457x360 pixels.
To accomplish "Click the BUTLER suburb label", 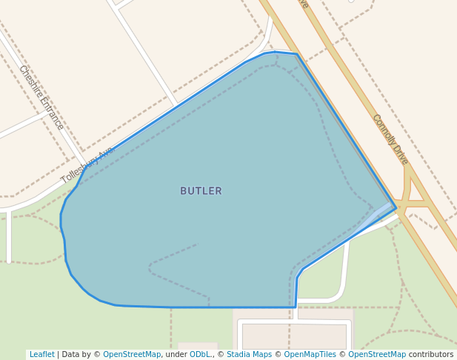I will (x=201, y=191).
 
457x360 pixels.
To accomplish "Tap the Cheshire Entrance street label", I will (x=41, y=97).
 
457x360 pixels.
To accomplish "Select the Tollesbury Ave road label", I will (x=87, y=165).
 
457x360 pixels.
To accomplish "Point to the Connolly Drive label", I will (x=390, y=139).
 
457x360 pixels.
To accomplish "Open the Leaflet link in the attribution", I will (x=41, y=355).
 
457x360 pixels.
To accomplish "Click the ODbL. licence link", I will (x=200, y=355).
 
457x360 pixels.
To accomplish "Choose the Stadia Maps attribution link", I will (x=249, y=355).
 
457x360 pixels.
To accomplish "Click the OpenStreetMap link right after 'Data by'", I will (x=132, y=355).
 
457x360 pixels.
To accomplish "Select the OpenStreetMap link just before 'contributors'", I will (x=377, y=355).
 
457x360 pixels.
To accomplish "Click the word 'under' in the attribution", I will (x=176, y=355).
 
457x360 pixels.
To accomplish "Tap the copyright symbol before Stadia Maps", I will (x=221, y=355).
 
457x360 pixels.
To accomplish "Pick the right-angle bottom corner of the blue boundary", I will (x=296, y=307).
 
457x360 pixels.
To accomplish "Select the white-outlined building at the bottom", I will (x=295, y=335).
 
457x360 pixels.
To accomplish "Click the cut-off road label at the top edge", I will (x=302, y=4).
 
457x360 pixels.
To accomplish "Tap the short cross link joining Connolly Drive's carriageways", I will (x=417, y=201).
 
